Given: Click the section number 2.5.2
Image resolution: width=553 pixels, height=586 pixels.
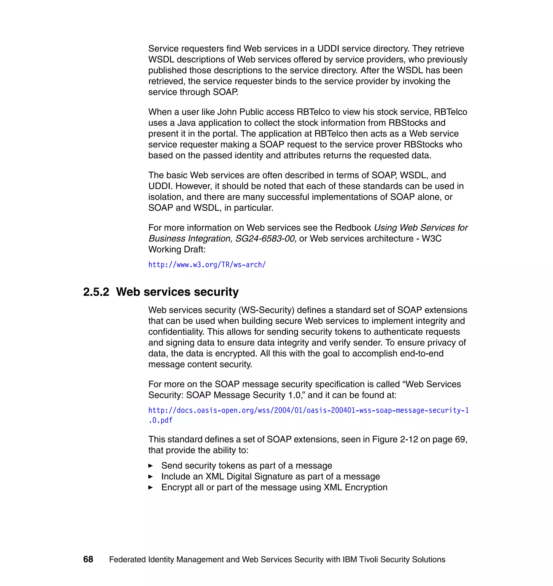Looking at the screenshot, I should (x=96, y=292).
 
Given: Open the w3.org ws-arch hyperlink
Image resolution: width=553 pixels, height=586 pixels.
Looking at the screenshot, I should (x=207, y=265).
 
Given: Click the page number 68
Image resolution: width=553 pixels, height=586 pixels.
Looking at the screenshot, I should (x=88, y=559).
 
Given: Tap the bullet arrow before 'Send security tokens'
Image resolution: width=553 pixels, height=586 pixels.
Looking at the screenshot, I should (x=151, y=466).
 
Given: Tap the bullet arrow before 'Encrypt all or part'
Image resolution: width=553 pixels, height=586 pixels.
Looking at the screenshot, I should (x=151, y=487).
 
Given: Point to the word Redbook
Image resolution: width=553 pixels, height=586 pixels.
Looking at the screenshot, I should (x=353, y=228).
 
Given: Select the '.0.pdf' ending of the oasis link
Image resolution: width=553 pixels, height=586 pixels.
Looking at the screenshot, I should (x=160, y=420).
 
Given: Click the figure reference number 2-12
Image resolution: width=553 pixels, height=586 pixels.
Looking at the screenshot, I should (x=409, y=439).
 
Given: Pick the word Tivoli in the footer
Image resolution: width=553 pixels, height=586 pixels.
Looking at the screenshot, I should (x=369, y=560).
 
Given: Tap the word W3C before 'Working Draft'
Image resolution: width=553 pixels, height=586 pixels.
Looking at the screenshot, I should (x=431, y=238).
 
